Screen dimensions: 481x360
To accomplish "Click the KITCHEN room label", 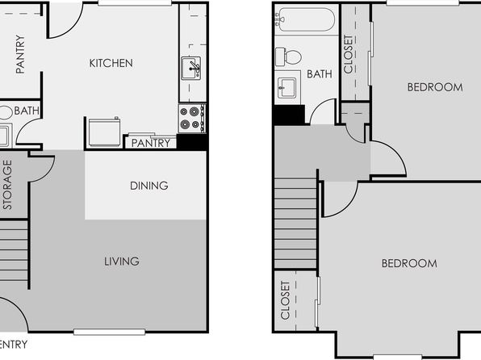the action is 111,63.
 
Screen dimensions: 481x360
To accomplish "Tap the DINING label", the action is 149,186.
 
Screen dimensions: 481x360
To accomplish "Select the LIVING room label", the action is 122,262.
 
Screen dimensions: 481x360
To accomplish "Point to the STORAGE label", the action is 7,185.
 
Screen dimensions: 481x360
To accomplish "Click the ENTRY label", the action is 14,345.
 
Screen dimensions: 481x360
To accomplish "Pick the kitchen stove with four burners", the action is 192,118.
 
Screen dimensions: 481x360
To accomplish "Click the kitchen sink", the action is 190,68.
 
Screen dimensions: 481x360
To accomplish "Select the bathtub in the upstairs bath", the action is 304,19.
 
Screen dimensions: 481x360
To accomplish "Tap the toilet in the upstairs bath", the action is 288,57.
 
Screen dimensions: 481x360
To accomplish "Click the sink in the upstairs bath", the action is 287,88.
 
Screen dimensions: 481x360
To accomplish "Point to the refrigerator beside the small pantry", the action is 103,132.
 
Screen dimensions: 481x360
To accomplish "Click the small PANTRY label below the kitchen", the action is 151,143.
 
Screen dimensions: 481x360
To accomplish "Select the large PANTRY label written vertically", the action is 20,54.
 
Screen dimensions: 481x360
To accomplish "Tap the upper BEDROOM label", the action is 435,87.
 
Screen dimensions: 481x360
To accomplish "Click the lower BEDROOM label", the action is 409,263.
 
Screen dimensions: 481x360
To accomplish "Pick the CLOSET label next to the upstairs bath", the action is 349,54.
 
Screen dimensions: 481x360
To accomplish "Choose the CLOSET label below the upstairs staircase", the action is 285,300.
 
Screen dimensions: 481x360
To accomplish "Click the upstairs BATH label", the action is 320,74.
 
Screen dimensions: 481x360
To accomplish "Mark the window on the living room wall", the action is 109,332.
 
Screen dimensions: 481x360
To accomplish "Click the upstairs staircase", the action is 295,224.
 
